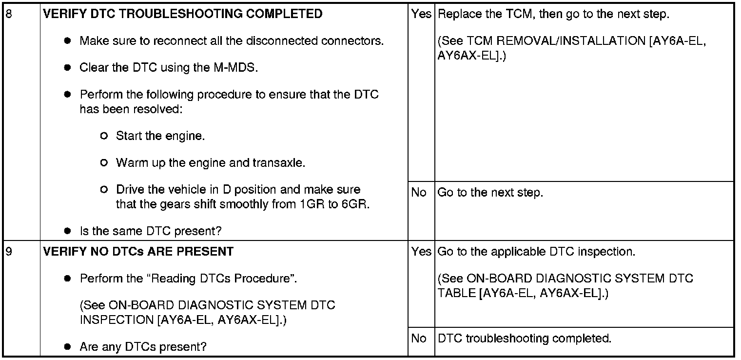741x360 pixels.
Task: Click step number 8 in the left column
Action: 8,14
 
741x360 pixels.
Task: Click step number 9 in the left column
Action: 8,252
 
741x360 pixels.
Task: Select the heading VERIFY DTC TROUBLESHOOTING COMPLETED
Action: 183,14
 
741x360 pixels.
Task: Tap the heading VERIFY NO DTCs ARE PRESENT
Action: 138,252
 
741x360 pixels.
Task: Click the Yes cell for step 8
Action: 421,14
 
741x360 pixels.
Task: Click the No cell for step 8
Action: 419,193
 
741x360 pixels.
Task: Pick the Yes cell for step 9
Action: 421,252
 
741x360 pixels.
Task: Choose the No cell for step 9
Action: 419,339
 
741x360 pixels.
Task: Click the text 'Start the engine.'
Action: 160,136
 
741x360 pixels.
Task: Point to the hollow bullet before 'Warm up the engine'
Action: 103,163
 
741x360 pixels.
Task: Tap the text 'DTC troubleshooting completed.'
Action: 525,339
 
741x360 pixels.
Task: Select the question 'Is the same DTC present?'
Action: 150,231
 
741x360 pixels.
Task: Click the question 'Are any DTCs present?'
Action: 143,347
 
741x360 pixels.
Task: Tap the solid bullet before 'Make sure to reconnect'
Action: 68,41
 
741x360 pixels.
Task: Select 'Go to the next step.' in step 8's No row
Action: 490,193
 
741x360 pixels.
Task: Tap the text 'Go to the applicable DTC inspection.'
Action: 536,252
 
